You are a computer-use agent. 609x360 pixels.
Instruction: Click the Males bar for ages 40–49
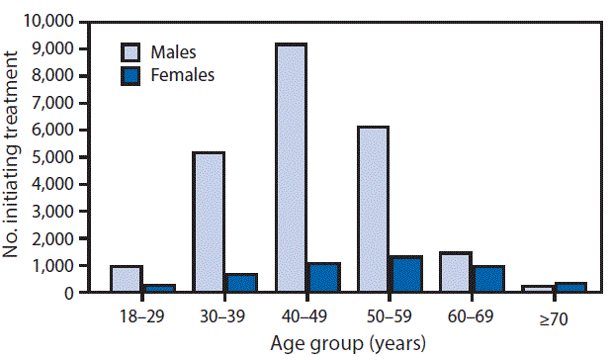coord(291,168)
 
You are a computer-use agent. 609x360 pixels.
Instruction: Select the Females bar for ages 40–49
coord(322,278)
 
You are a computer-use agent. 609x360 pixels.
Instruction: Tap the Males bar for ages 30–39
coord(209,223)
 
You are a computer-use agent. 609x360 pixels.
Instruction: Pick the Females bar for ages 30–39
coord(240,283)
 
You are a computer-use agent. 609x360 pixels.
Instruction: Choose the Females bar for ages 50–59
coord(404,275)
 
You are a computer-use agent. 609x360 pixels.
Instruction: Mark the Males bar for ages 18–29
coord(127,279)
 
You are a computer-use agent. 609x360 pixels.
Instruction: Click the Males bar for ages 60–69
coord(455,273)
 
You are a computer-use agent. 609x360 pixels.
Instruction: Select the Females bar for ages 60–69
coord(486,279)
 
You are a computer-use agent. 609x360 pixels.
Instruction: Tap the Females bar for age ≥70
coord(568,288)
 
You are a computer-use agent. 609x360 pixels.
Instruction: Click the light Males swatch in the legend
coord(132,51)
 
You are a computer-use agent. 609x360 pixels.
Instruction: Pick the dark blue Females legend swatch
coord(132,75)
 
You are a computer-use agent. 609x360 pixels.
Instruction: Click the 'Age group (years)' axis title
coord(347,343)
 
